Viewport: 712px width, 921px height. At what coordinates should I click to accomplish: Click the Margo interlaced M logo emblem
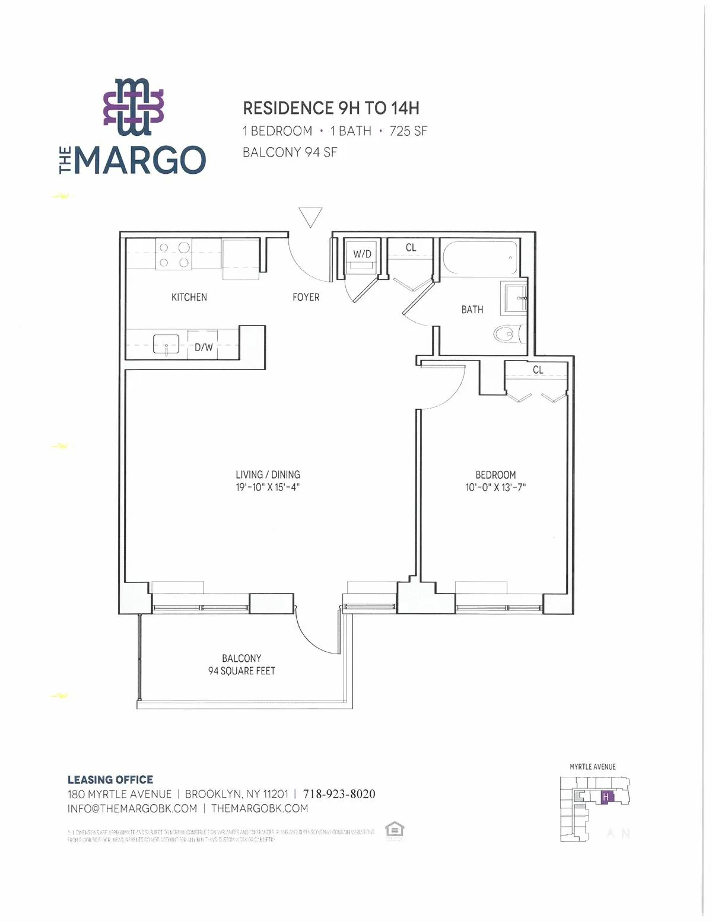133,107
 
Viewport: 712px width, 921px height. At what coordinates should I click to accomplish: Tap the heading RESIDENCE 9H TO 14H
331,108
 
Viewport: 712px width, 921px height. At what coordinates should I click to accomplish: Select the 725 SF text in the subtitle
408,131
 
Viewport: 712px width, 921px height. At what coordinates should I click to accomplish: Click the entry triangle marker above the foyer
310,216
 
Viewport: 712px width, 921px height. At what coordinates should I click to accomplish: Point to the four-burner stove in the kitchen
174,254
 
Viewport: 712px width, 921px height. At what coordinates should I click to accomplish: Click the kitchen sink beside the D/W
166,344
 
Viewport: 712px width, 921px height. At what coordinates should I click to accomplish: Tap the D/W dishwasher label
204,348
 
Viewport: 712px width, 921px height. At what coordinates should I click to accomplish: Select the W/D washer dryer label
362,254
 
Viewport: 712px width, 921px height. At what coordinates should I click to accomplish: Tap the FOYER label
306,297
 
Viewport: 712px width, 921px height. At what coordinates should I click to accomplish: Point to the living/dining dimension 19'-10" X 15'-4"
268,487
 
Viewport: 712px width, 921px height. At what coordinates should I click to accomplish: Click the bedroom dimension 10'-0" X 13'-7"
495,487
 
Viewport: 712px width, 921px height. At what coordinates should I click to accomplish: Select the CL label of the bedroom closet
538,369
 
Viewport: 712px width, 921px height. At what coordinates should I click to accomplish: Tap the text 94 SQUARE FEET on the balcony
241,671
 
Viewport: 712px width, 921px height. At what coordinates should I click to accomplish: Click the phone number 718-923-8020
339,793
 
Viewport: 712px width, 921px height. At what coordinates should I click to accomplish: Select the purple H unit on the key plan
606,797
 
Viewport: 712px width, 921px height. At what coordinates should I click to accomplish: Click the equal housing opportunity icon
394,829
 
